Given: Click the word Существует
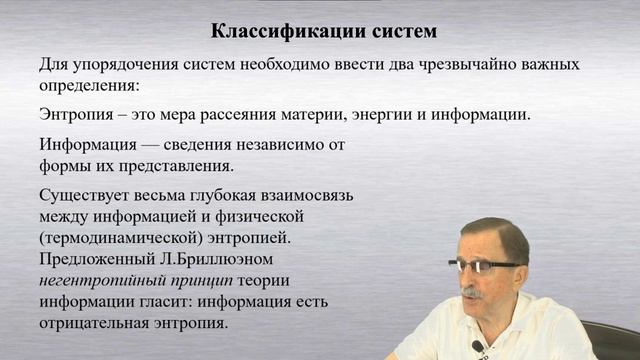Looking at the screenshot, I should (85, 193).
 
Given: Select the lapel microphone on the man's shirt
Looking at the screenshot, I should (478, 346).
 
